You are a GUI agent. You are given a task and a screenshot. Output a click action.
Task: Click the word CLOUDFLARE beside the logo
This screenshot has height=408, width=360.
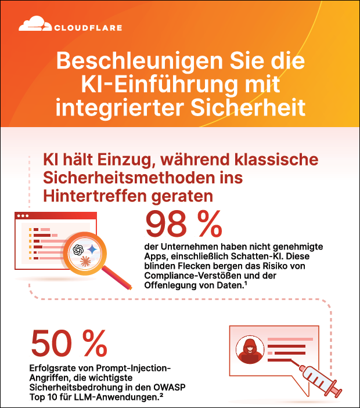click(x=88, y=27)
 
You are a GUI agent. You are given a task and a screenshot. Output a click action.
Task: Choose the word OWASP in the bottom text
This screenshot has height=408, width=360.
click(x=165, y=388)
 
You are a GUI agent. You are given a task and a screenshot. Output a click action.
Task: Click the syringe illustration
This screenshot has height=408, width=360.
click(x=319, y=377)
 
